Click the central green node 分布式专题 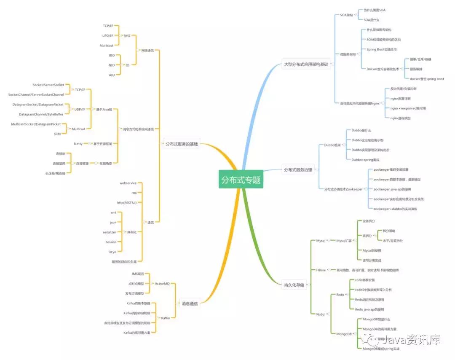[x=241, y=180]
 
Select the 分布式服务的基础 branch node [x=181, y=144]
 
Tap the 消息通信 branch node [x=189, y=303]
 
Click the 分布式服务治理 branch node [x=298, y=169]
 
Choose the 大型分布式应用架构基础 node [x=306, y=64]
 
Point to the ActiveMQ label [x=162, y=284]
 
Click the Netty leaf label [x=78, y=144]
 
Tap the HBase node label [x=321, y=270]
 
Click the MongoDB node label [x=344, y=334]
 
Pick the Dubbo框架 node [x=332, y=145]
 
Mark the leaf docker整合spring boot [x=426, y=79]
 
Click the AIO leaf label [x=112, y=75]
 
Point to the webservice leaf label [x=128, y=183]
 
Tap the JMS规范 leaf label [x=137, y=274]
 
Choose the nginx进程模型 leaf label [x=400, y=118]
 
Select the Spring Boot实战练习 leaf [x=381, y=49]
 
